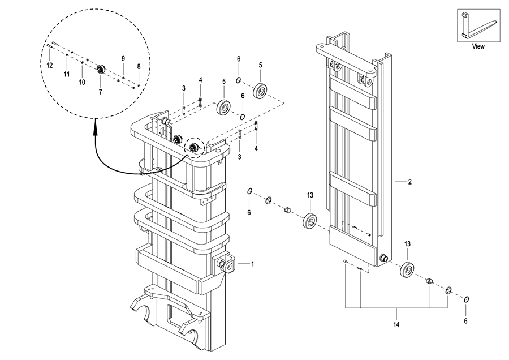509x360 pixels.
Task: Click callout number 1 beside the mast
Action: pos(252,264)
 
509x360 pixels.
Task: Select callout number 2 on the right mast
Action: pos(409,182)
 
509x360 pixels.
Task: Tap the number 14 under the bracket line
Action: pos(396,325)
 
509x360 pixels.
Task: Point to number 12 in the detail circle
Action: pos(50,65)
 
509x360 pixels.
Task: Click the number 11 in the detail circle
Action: pos(66,74)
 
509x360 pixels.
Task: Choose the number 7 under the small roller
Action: pos(100,91)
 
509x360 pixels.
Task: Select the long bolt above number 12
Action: pos(54,45)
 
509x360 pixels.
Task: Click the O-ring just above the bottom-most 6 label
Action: pos(467,299)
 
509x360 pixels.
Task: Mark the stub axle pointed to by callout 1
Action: pos(228,265)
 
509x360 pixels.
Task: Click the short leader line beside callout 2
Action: pos(400,182)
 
